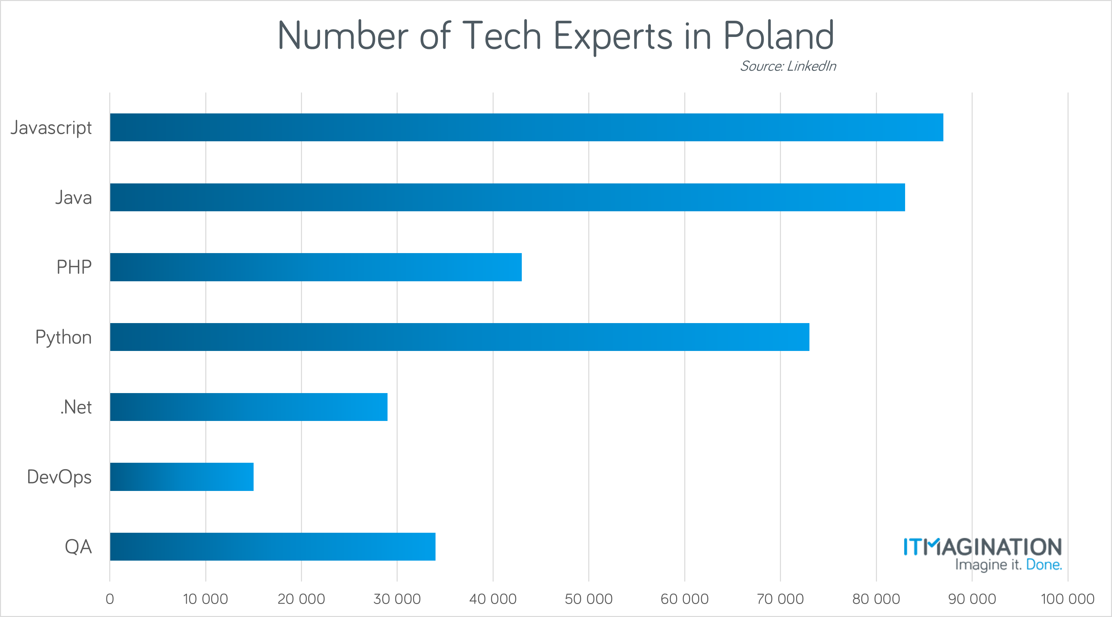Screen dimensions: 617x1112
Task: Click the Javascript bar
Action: [x=527, y=127]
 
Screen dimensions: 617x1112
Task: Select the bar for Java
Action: [x=507, y=197]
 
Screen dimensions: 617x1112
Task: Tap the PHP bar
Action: [x=316, y=267]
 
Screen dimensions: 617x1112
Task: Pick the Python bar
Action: [x=459, y=337]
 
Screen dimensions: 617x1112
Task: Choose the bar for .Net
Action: [x=249, y=407]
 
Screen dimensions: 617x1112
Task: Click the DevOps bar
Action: [x=182, y=477]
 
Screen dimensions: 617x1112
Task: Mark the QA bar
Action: [x=272, y=547]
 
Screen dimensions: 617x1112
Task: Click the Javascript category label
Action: [x=51, y=128]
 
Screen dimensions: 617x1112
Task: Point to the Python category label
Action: [x=64, y=337]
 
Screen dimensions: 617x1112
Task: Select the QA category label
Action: [x=78, y=547]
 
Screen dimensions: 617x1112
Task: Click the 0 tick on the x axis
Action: [x=110, y=599]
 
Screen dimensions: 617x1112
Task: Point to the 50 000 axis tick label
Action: [x=588, y=599]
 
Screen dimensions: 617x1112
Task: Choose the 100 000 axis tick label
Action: [x=1067, y=599]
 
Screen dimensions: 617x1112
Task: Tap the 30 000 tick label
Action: [x=397, y=599]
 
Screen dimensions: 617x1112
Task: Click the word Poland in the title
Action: [x=778, y=36]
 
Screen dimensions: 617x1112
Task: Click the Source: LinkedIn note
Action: [x=788, y=66]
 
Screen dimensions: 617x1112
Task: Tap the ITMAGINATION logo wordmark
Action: [x=983, y=547]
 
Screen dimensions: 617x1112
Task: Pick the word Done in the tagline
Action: [x=1043, y=565]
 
